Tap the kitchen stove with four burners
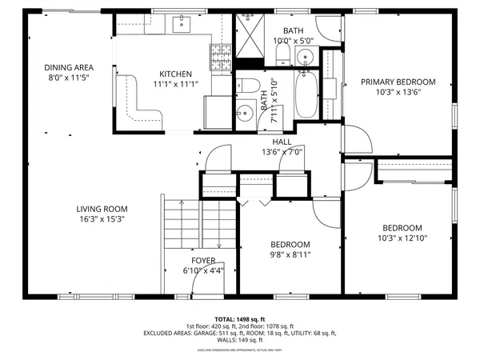click(221, 56)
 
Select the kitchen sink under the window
click(180, 22)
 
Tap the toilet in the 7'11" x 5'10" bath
click(248, 87)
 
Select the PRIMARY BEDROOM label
click(398, 82)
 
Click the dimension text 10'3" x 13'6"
click(398, 92)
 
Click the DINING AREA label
click(67, 68)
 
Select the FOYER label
click(203, 261)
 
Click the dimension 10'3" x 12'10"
click(402, 238)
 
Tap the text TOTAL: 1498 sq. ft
click(240, 318)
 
